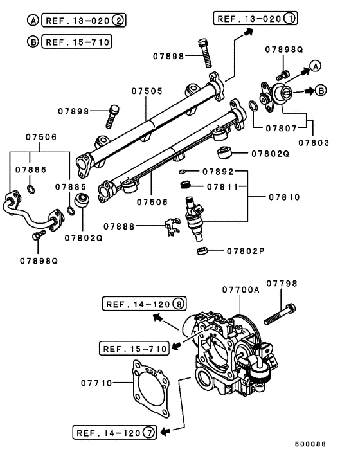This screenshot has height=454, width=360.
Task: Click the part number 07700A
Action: pos(240,290)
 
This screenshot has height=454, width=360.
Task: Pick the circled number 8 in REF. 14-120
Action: pos(179,304)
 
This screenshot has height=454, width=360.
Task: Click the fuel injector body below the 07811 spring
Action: pos(195,220)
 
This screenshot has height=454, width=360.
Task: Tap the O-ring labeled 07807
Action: pos(255,105)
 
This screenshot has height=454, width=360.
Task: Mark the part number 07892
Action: pos(215,172)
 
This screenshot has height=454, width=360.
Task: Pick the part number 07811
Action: pos(222,186)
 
